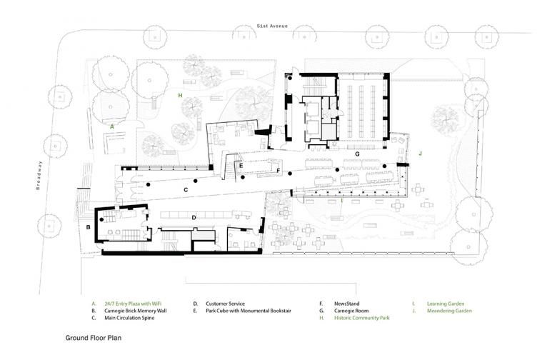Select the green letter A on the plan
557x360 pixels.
(112, 125)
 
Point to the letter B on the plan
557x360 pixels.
(88, 227)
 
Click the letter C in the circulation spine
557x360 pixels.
(186, 190)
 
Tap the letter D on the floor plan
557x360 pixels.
(194, 217)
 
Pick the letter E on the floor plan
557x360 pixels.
(241, 165)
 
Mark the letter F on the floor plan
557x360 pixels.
(278, 171)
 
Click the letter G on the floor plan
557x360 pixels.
(356, 154)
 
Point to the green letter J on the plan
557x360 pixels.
(421, 152)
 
